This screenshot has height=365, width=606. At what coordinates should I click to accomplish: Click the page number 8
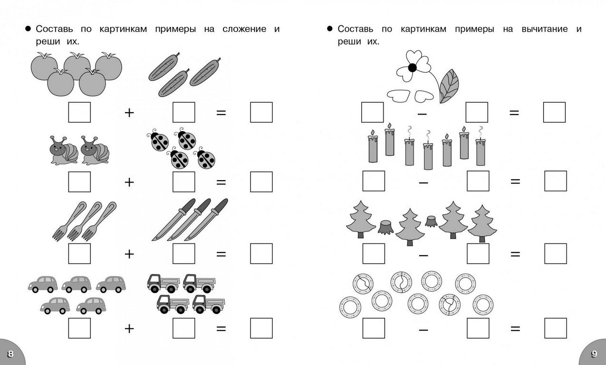click(x=10, y=354)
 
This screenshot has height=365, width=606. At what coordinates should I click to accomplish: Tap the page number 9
click(x=594, y=354)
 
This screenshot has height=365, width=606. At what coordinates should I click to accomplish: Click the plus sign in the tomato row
click(x=129, y=113)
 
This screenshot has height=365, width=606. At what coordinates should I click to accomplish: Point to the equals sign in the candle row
click(x=515, y=181)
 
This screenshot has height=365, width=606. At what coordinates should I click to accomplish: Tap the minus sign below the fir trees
click(x=423, y=254)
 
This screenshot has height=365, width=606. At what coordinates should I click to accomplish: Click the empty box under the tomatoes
click(x=79, y=112)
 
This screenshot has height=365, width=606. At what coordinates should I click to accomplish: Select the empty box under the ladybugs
click(x=183, y=182)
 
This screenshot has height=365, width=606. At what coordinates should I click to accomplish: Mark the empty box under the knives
click(x=183, y=253)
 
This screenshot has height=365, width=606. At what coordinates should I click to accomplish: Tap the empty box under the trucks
click(x=183, y=328)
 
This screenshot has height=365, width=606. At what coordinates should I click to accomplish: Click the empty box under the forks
click(x=79, y=253)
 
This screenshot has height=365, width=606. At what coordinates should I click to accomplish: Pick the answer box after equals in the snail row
click(x=261, y=182)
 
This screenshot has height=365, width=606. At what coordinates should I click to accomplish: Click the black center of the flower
click(x=412, y=67)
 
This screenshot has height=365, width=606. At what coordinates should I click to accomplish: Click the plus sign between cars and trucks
click(x=129, y=328)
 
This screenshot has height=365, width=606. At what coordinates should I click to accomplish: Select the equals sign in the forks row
click(x=221, y=254)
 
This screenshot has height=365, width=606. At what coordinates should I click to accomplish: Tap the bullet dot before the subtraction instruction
click(x=329, y=29)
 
